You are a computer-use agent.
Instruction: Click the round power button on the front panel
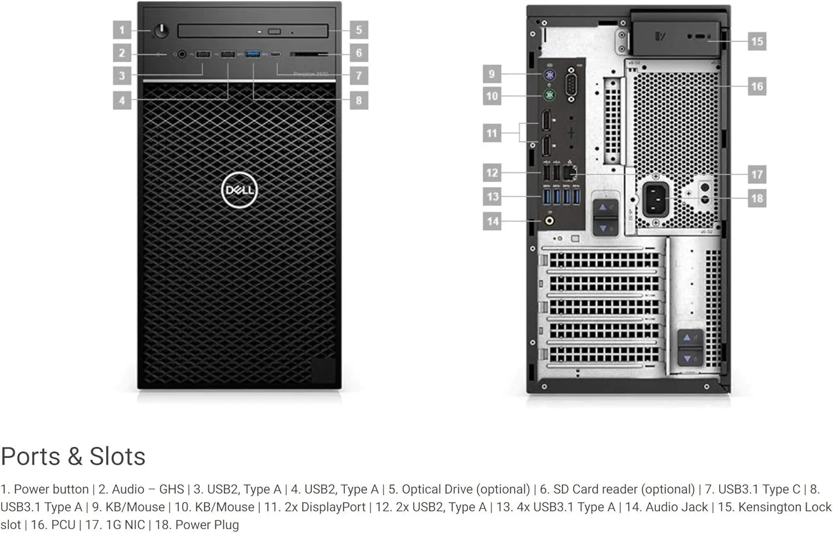click(161, 31)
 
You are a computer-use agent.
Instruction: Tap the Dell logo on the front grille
click(239, 190)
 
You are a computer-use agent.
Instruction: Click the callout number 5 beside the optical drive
click(359, 29)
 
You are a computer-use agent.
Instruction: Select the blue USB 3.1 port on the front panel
click(253, 54)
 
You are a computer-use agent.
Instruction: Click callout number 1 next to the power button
click(122, 29)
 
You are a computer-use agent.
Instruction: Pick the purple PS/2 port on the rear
click(549, 74)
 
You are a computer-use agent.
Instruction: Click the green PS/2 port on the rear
click(549, 95)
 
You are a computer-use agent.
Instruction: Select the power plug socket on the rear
click(656, 199)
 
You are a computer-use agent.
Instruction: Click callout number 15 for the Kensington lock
click(756, 41)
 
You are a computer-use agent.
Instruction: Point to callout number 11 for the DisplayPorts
click(492, 133)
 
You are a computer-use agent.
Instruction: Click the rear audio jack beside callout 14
click(550, 221)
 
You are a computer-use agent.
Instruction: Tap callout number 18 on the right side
click(756, 198)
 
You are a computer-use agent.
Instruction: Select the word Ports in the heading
click(31, 456)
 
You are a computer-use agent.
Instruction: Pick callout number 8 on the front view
click(359, 100)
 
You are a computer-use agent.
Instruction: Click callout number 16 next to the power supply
click(756, 86)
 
